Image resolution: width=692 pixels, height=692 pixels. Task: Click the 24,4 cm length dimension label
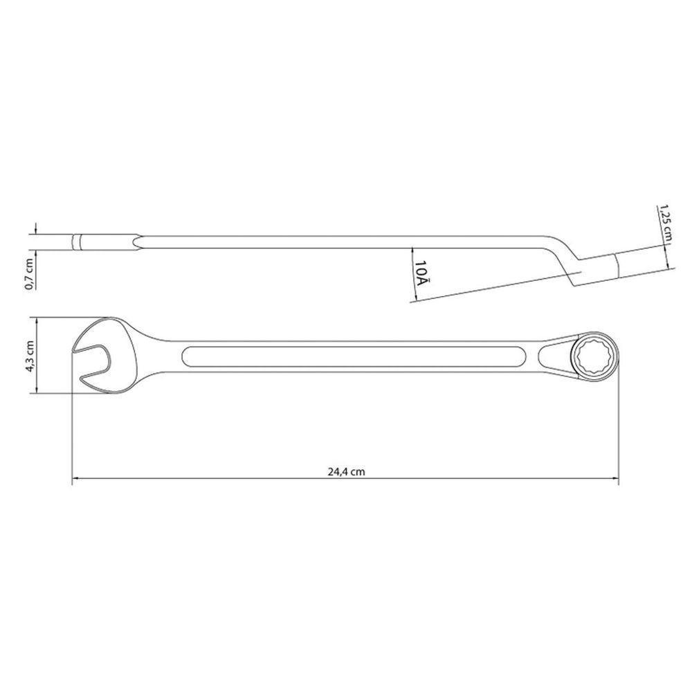click(347, 471)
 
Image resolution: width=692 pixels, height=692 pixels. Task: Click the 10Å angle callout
click(423, 273)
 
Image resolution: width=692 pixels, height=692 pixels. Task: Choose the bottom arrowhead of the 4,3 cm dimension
click(33, 391)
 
